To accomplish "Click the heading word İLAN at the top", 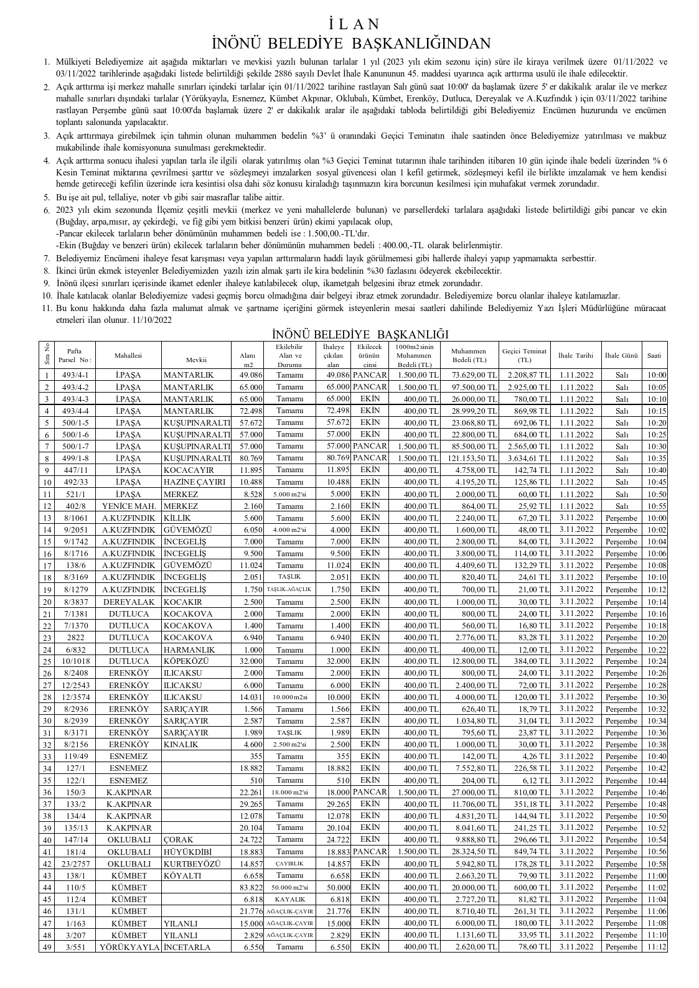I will point(352,24).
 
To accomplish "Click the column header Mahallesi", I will point(128,355).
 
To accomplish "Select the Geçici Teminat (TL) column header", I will point(524,355).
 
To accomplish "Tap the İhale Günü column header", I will point(621,355).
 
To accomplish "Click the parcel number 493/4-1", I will point(75,375).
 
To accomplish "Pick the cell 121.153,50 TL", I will point(471,459).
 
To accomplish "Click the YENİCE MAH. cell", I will point(128,506).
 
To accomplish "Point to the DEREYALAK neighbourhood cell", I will point(128,602).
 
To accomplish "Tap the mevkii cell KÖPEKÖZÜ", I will point(186,661).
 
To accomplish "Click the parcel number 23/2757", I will point(75,864).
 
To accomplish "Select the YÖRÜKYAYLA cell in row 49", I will point(129,948).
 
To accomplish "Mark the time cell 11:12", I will point(656,948).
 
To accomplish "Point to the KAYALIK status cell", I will point(290,900).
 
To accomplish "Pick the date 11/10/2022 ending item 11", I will point(152,320).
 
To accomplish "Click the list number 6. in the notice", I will point(47,210).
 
